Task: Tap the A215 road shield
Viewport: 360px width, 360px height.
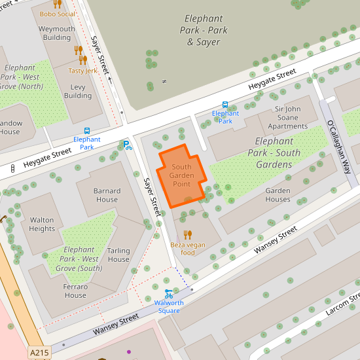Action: click(x=39, y=353)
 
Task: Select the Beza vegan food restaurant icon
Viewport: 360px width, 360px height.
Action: click(x=188, y=234)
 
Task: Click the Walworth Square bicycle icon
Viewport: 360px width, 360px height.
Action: click(x=169, y=294)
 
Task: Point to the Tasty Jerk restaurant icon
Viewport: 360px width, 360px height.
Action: click(x=82, y=60)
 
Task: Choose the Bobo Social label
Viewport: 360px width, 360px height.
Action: click(x=57, y=13)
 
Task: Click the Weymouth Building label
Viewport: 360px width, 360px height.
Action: click(x=57, y=33)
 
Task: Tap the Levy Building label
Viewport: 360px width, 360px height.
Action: click(x=78, y=91)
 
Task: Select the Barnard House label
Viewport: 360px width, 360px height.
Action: click(x=107, y=195)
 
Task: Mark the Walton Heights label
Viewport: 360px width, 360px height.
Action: click(x=42, y=225)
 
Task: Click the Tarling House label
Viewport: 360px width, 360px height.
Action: click(x=118, y=255)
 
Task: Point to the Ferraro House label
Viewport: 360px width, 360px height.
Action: click(x=75, y=291)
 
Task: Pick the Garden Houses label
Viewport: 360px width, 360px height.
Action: click(x=278, y=195)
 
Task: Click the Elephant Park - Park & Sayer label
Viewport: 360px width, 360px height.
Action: click(x=204, y=30)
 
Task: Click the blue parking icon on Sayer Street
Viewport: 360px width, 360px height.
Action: click(x=126, y=144)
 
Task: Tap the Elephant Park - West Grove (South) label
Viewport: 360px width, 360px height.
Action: click(x=79, y=259)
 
